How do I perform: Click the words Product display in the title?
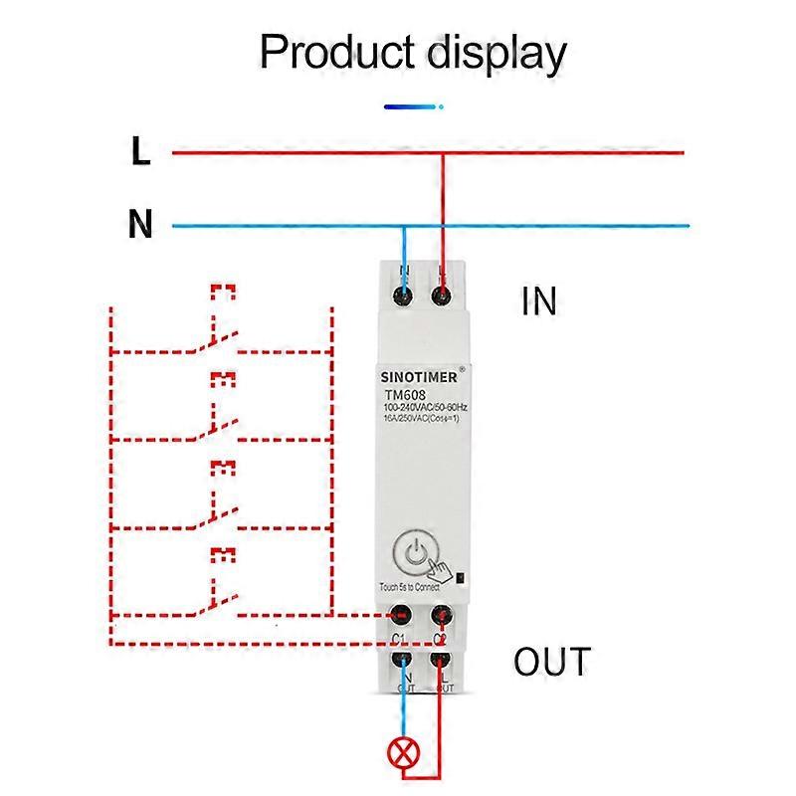click(x=413, y=52)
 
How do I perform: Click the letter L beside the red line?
click(x=140, y=152)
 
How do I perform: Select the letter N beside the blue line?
click(x=140, y=225)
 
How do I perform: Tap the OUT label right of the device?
click(x=552, y=662)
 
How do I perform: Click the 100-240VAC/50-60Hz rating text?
click(x=425, y=408)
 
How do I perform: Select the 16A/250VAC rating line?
click(x=420, y=420)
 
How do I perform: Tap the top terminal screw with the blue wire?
click(x=403, y=296)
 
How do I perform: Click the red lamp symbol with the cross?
click(x=403, y=753)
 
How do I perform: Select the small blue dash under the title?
click(x=412, y=104)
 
